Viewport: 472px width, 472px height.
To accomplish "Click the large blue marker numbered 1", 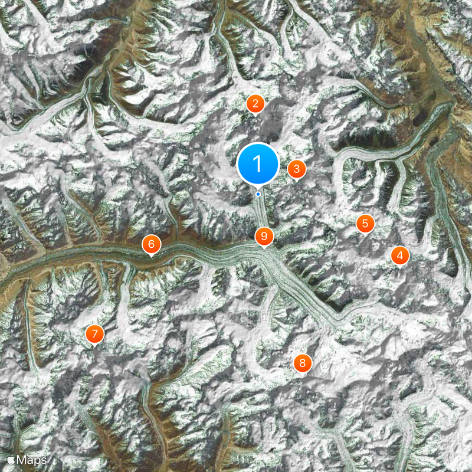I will point(258,163).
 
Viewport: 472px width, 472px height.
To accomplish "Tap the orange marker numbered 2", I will point(255,104).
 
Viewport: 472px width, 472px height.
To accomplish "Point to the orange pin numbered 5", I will point(365,223).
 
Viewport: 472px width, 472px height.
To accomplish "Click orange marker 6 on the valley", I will point(151,243).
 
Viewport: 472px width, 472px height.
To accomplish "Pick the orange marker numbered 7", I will point(94,333).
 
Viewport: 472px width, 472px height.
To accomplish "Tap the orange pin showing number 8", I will point(302,362).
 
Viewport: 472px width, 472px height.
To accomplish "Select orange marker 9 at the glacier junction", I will point(264,236).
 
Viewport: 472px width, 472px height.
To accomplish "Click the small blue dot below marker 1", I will point(258,194).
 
